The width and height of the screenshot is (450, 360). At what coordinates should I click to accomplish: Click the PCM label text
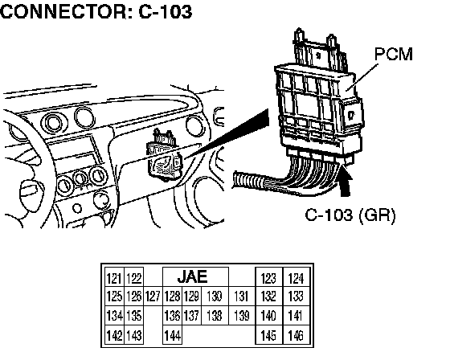coord(394,55)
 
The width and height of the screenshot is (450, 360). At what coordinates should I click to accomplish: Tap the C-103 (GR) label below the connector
coord(350,215)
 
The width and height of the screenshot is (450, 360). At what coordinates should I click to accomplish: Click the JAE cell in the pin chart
coord(195,276)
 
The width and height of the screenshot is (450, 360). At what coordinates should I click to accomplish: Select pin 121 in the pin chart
coord(114,278)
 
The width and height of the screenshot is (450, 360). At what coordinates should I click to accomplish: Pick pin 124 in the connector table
coord(297,278)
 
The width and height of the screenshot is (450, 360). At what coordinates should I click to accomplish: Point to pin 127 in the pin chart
coord(153,297)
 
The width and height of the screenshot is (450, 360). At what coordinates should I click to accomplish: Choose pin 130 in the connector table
coord(215,297)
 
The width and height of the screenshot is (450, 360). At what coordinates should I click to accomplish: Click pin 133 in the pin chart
coord(297,297)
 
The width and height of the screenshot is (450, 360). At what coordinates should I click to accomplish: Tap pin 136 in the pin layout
coord(172,316)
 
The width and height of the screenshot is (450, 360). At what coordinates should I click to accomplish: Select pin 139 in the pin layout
coord(242,316)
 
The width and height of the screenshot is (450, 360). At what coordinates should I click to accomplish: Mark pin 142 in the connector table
coord(114,335)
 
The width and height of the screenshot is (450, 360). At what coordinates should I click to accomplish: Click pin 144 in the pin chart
coord(172,335)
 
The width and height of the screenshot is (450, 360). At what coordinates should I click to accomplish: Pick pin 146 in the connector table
coord(297,335)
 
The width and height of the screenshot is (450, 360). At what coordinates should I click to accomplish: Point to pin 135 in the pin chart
coord(133,316)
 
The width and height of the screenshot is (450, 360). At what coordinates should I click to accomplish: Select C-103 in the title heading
coord(166,12)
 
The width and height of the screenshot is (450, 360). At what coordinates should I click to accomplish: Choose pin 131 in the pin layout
coord(242,297)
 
